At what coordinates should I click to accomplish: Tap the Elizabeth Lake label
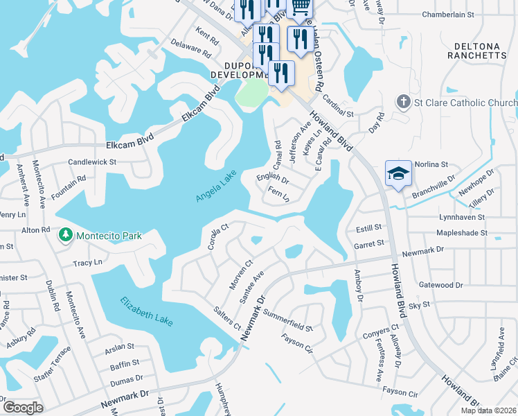coord(146,311)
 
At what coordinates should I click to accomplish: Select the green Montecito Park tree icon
coord(66,236)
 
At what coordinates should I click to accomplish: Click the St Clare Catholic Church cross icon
coord(403,103)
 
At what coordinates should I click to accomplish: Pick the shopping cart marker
coord(299,6)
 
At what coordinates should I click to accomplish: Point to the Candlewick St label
coord(92,162)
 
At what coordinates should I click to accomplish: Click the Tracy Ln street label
coord(88,263)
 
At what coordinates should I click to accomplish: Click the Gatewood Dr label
coord(440,285)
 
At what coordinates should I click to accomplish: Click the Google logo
coord(23,408)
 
